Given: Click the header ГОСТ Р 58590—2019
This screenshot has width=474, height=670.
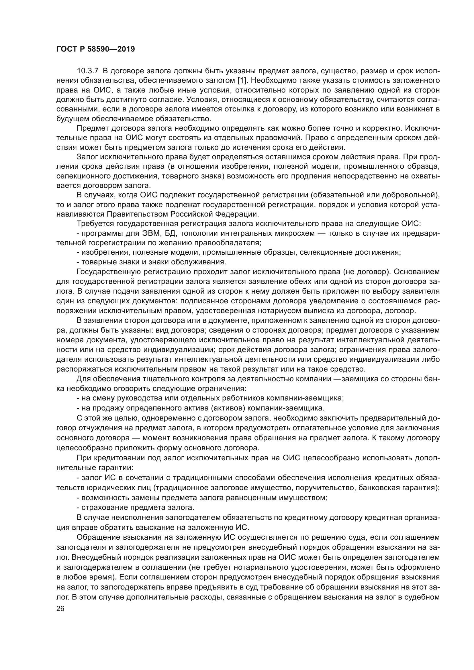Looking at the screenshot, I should (95, 49).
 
